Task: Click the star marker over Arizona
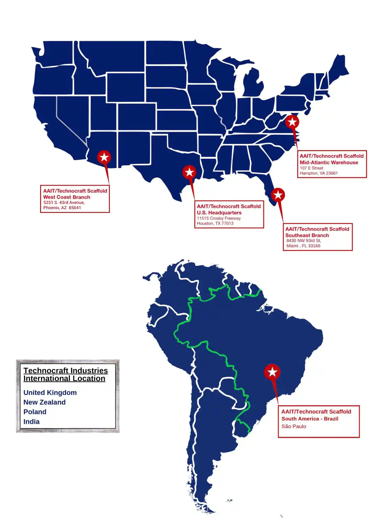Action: coord(104,157)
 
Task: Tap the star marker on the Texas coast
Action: coord(189,172)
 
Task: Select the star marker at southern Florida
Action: coord(278,195)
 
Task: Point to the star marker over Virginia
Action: coord(292,122)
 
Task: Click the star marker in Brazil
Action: coord(272,372)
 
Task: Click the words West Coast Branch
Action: coord(67,197)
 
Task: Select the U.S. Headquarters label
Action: coord(219,213)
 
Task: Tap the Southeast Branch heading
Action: coord(307,235)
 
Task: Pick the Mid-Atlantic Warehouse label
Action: coord(329,162)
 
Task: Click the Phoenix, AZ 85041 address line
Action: coord(62,208)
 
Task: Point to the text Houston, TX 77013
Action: coord(215,223)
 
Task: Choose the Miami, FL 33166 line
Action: coord(303,246)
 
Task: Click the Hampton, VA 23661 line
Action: coord(319,173)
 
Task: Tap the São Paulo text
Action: coord(294,426)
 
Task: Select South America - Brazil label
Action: coord(310,419)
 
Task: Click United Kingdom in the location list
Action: coord(50,393)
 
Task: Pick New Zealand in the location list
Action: coord(45,402)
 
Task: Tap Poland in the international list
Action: coord(35,412)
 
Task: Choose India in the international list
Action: coord(32,422)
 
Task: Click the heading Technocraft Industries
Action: coord(65,371)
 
